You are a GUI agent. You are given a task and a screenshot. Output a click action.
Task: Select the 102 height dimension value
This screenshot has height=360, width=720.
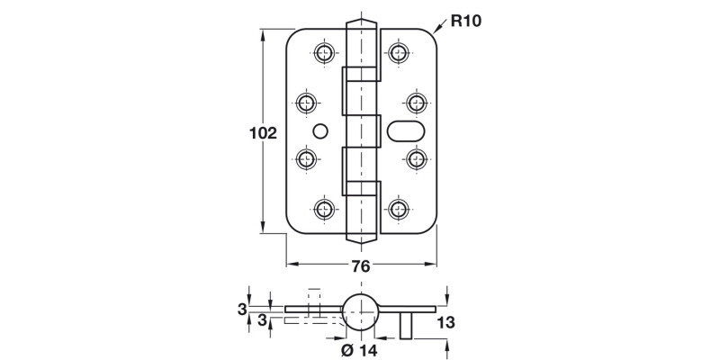(262, 133)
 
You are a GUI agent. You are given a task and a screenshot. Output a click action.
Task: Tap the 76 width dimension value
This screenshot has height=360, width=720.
(360, 266)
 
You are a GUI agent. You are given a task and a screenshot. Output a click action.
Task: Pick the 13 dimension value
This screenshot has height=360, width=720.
(446, 322)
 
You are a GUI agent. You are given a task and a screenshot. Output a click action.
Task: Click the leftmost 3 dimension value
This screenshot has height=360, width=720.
(242, 310)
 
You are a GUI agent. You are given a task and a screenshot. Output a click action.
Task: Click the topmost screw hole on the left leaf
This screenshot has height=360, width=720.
(324, 52)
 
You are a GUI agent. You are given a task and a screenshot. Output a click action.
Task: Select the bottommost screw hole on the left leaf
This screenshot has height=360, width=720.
(324, 210)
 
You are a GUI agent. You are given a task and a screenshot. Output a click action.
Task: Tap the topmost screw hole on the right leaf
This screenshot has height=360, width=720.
(398, 52)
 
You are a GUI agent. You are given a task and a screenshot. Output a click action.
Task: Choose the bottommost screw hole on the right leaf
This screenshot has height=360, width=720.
(398, 210)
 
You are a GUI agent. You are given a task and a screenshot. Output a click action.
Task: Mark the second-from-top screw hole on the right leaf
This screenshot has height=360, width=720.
(416, 101)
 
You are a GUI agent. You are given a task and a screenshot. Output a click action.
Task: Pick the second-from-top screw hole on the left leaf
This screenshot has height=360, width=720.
(306, 101)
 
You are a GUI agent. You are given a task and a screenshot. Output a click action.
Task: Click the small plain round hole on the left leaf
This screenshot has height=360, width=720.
(317, 131)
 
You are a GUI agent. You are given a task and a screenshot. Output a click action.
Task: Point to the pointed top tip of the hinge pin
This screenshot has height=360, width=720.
(361, 22)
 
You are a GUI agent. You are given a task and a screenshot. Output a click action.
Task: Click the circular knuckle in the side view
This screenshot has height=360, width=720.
(361, 310)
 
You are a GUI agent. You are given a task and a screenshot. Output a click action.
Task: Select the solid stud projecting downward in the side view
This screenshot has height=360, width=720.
(407, 325)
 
